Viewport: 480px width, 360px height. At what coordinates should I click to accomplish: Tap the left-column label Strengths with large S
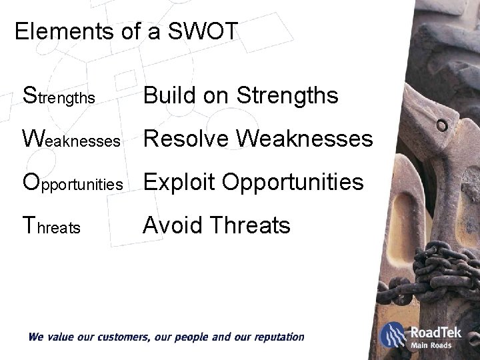[60, 97]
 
